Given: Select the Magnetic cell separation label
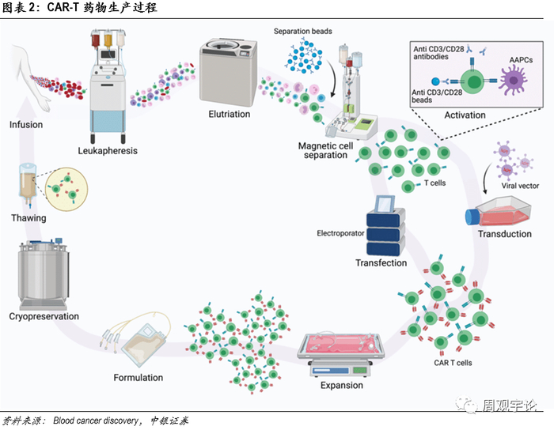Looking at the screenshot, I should pyautogui.click(x=323, y=150).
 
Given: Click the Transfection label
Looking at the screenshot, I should pyautogui.click(x=381, y=263).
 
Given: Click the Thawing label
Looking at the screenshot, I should pyautogui.click(x=28, y=218).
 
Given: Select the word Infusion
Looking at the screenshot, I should pyautogui.click(x=26, y=124).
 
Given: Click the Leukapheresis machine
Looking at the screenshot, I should pyautogui.click(x=111, y=87).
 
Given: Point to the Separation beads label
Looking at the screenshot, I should pyautogui.click(x=302, y=32).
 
